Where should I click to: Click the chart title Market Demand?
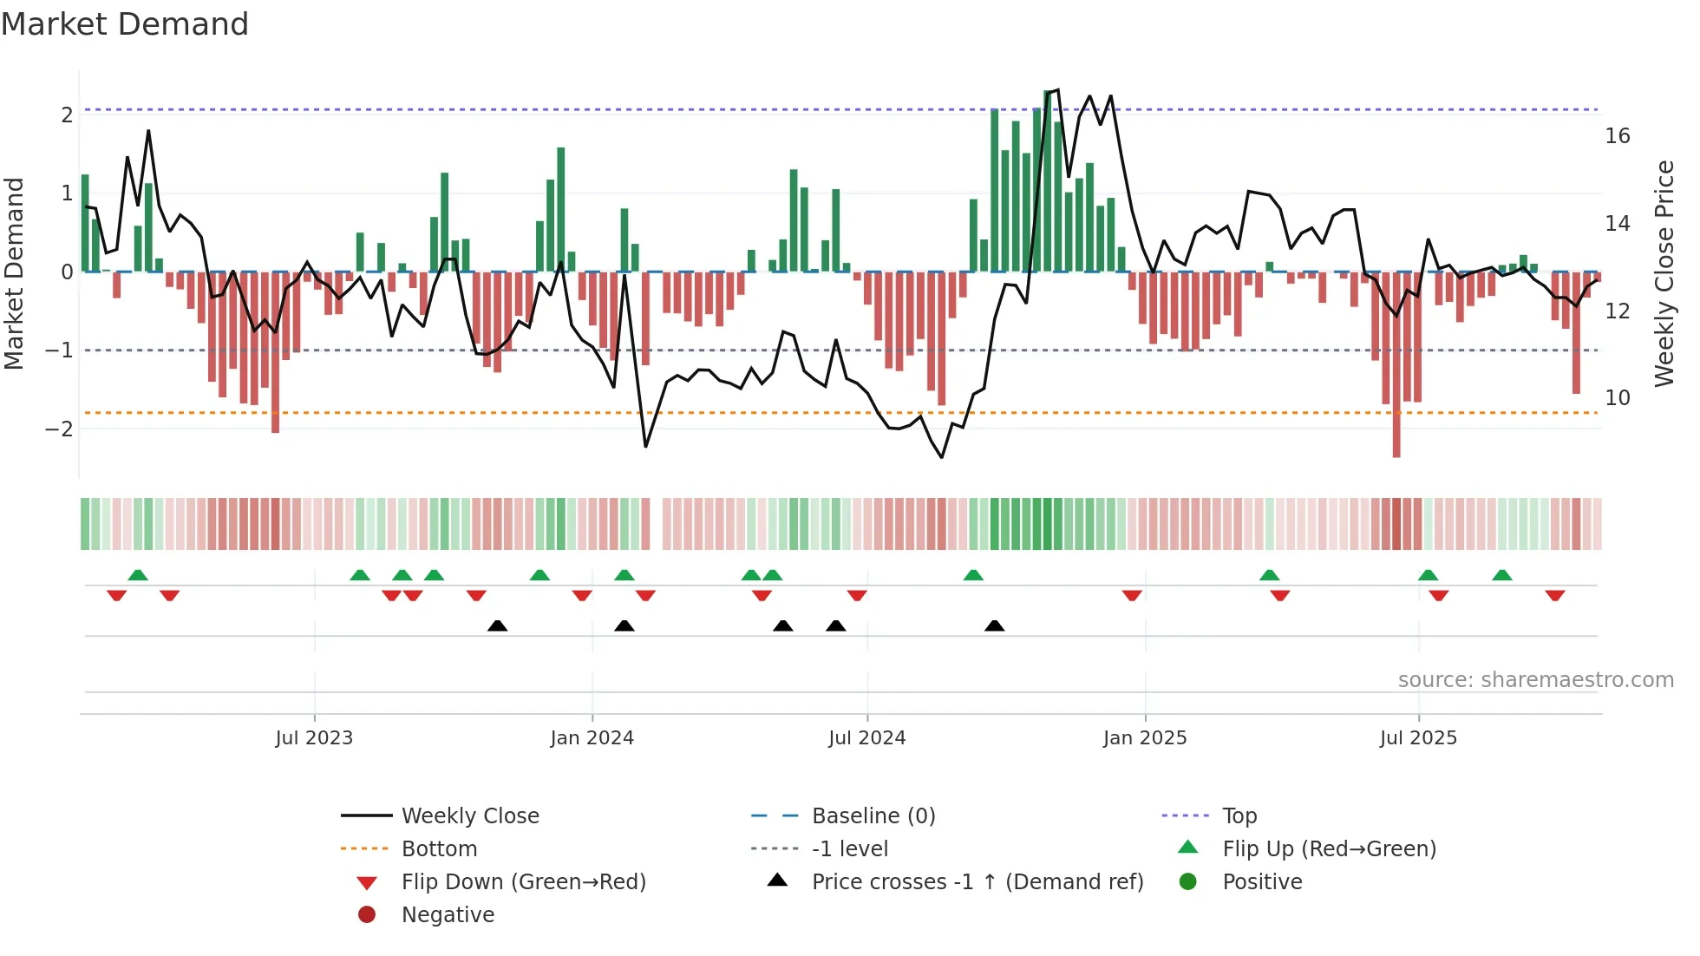point(125,24)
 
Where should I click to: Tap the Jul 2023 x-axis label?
point(314,738)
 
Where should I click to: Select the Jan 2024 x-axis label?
point(592,738)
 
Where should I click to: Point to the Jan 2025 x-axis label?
point(1144,738)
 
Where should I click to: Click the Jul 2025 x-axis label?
point(1418,738)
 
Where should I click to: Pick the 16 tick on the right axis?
point(1617,136)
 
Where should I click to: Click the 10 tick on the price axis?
point(1617,398)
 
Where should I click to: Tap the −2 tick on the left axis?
point(59,429)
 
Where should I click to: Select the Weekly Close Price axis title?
point(1664,273)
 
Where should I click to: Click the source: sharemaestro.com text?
point(1535,680)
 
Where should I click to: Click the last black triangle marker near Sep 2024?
point(994,626)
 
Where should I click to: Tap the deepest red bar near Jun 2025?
point(1396,364)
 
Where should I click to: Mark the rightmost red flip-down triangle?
point(1554,595)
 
